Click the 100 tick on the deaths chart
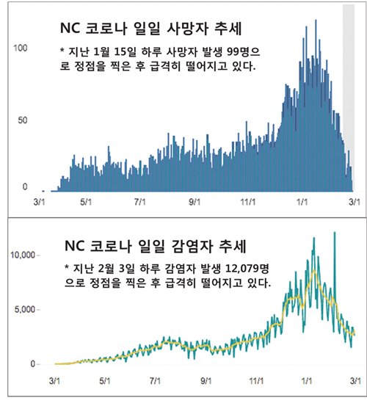click(x=20, y=48)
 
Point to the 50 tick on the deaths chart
click(x=22, y=120)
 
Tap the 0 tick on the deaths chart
click(x=25, y=186)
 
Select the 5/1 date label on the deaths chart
click(x=86, y=202)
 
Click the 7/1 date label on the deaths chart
click(x=139, y=202)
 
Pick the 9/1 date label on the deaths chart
click(x=195, y=202)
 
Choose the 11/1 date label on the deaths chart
click(x=248, y=202)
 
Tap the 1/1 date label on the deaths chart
click(x=302, y=202)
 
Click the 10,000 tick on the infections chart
click(x=22, y=255)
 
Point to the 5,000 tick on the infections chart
click(x=25, y=310)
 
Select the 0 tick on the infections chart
click(x=32, y=364)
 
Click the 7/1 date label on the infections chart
click(x=155, y=381)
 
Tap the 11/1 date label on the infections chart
click(x=256, y=381)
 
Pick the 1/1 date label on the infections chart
click(x=306, y=381)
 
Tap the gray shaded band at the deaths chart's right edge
click(x=349, y=98)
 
